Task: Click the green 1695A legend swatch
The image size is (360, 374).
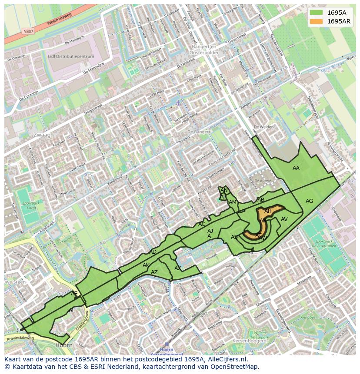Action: [x=317, y=13]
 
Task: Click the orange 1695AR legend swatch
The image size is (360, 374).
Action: [x=317, y=21]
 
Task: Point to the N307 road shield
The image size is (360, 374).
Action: [x=28, y=31]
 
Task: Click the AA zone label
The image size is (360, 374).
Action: [x=296, y=168]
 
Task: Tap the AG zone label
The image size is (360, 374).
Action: [x=309, y=201]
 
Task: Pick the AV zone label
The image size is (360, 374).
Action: [x=284, y=219]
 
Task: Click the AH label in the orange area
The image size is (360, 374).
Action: [x=268, y=211]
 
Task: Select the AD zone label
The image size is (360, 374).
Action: [x=153, y=252]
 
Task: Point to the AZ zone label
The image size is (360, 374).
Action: [x=154, y=272]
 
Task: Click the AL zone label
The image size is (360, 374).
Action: [x=72, y=311]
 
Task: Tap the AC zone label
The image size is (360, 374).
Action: [x=202, y=224]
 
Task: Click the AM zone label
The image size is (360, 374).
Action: [x=233, y=202]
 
